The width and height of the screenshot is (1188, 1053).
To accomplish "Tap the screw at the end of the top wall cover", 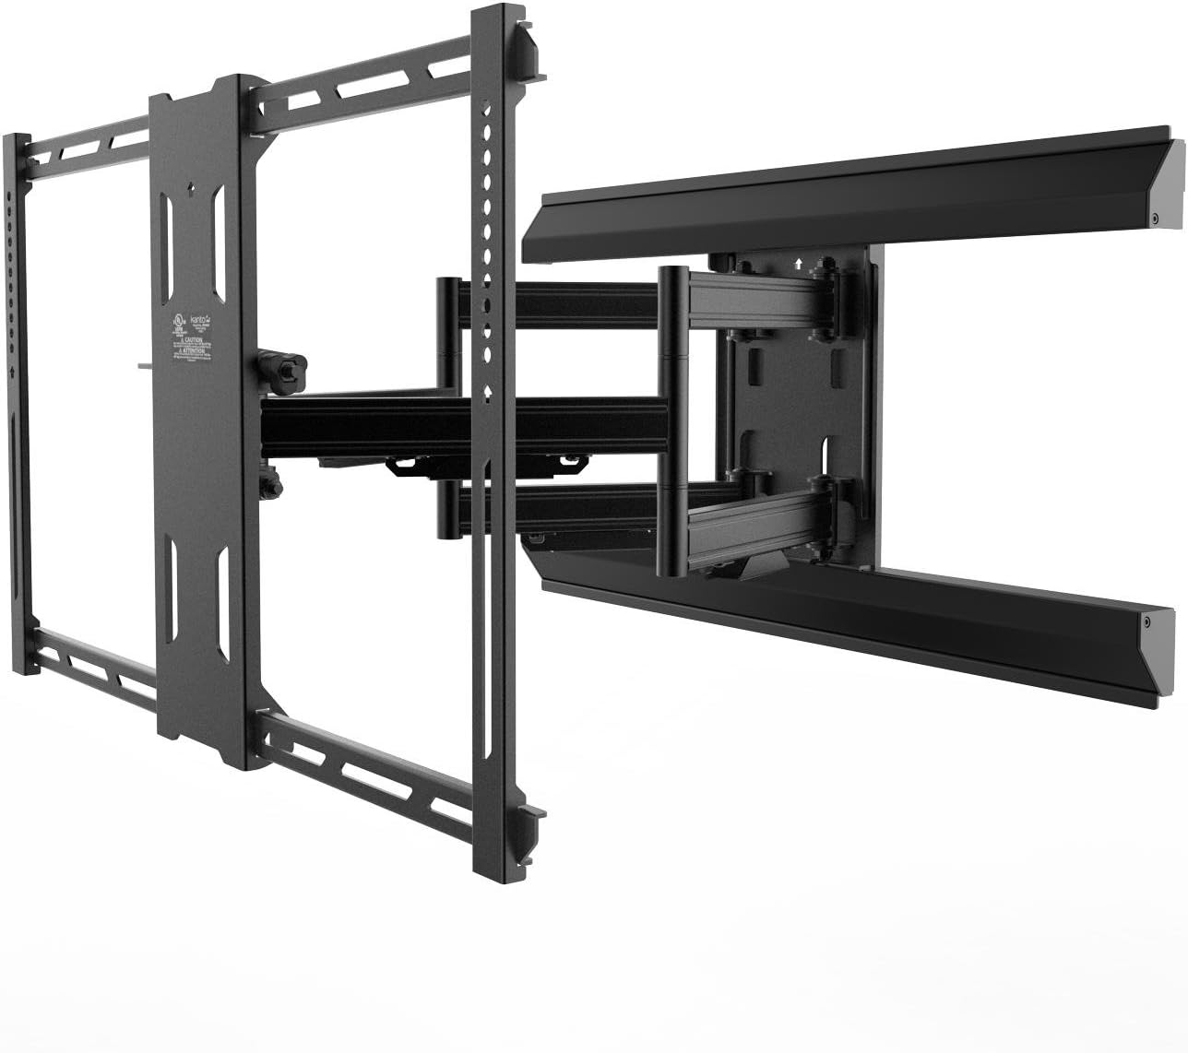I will [x=1155, y=218].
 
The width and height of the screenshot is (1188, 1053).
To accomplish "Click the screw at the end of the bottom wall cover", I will [x=1146, y=623].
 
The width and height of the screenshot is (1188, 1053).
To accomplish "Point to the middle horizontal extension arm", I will [x=461, y=420].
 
